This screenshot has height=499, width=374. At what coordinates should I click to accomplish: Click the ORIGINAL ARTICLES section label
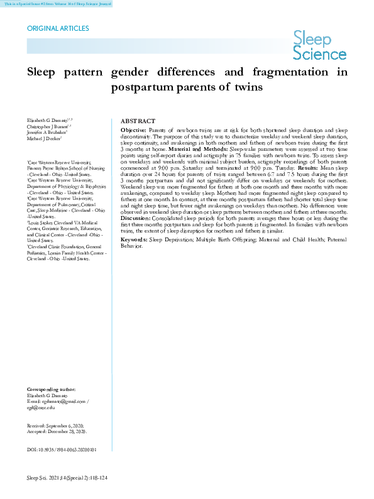tap(58, 28)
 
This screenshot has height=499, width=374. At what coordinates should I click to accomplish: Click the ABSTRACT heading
tap(138, 121)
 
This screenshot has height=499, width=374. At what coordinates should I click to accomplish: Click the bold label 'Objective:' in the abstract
tap(133, 129)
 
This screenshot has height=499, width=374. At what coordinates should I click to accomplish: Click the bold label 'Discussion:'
tap(135, 218)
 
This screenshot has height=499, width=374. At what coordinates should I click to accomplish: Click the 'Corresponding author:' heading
tap(52, 390)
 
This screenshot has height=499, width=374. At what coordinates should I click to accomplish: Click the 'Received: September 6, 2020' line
tap(57, 425)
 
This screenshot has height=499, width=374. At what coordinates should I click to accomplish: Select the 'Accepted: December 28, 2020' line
tap(57, 432)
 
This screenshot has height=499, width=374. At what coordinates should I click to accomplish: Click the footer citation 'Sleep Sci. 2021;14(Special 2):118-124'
tap(67, 479)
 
